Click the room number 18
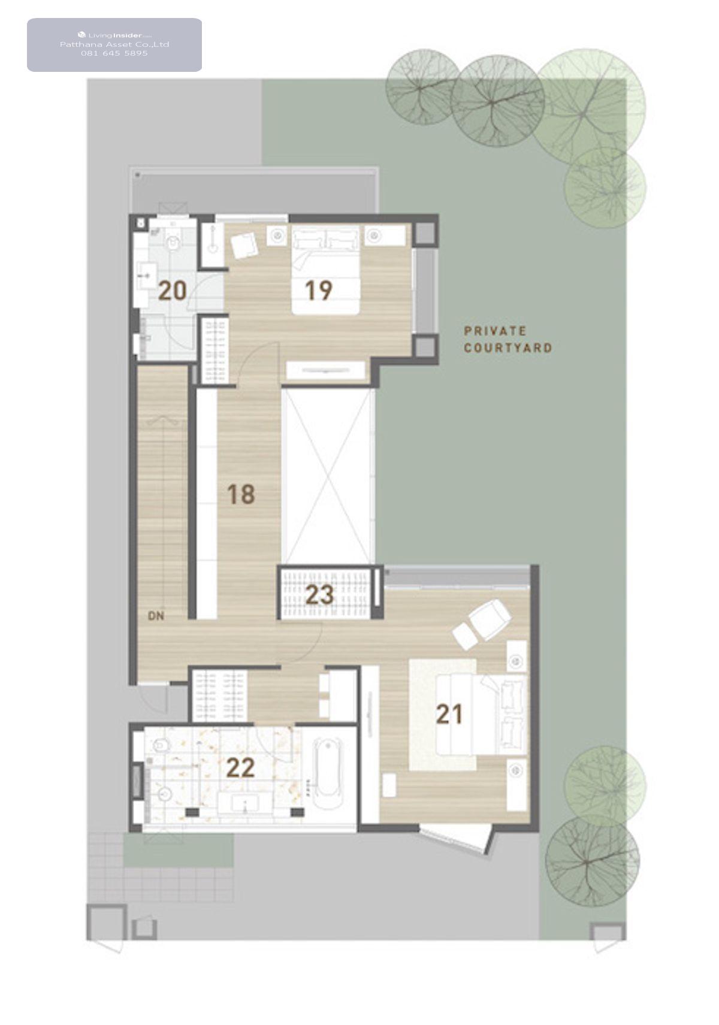click(x=241, y=494)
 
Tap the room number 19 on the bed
click(x=319, y=290)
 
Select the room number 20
click(x=173, y=291)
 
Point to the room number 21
click(x=449, y=714)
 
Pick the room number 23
click(x=319, y=595)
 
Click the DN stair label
click(x=156, y=616)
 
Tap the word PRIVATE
click(x=495, y=331)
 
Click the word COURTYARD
click(x=508, y=348)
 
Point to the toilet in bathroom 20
click(x=173, y=243)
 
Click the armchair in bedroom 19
click(x=245, y=246)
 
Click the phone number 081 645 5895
click(x=114, y=53)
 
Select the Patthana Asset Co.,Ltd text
click(x=114, y=44)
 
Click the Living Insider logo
click(x=114, y=35)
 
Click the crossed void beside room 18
click(x=328, y=476)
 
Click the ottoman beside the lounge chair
click(x=464, y=637)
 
